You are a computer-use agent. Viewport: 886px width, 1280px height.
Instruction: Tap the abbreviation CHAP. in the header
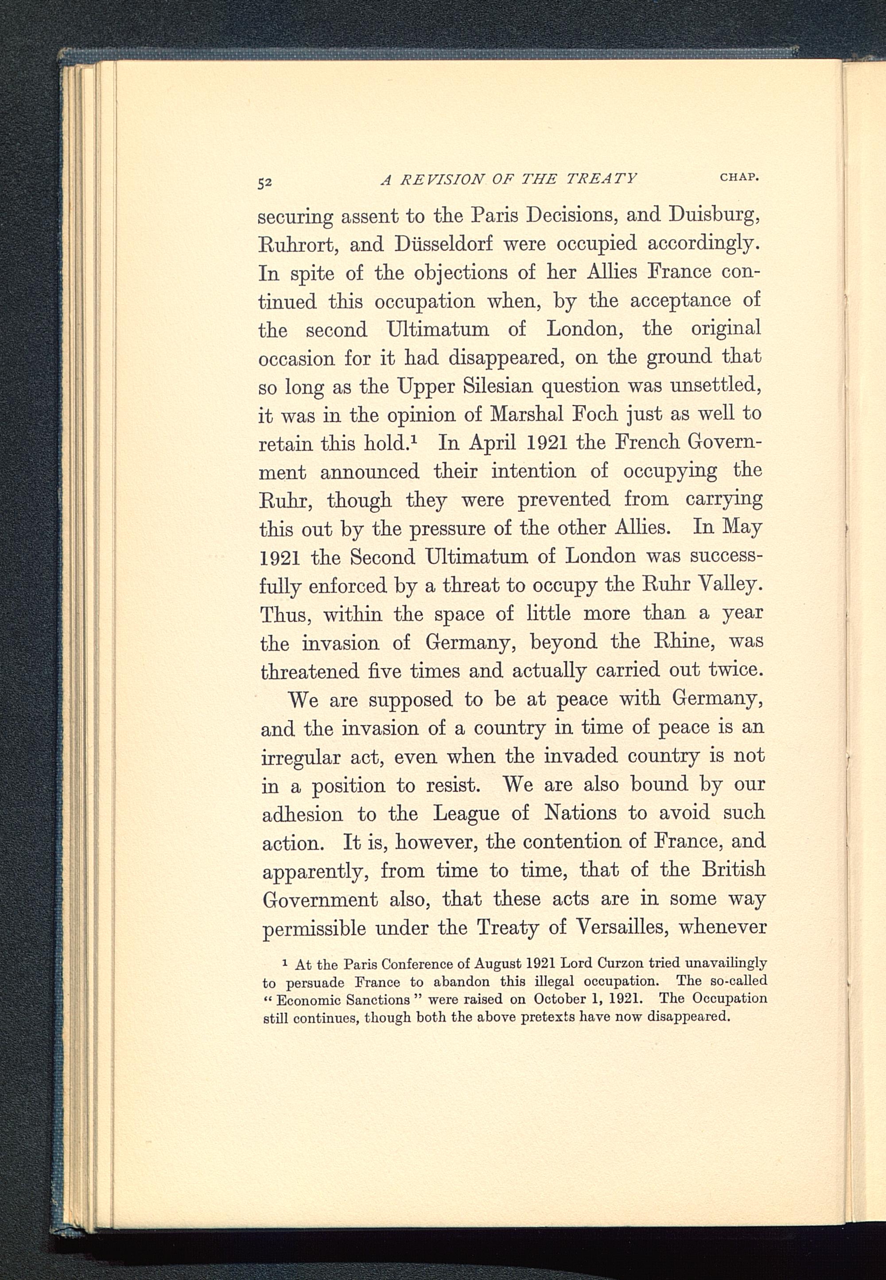[739, 178]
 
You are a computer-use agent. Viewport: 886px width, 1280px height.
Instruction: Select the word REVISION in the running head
[442, 179]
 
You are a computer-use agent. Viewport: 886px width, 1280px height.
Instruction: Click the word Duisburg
[713, 215]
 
